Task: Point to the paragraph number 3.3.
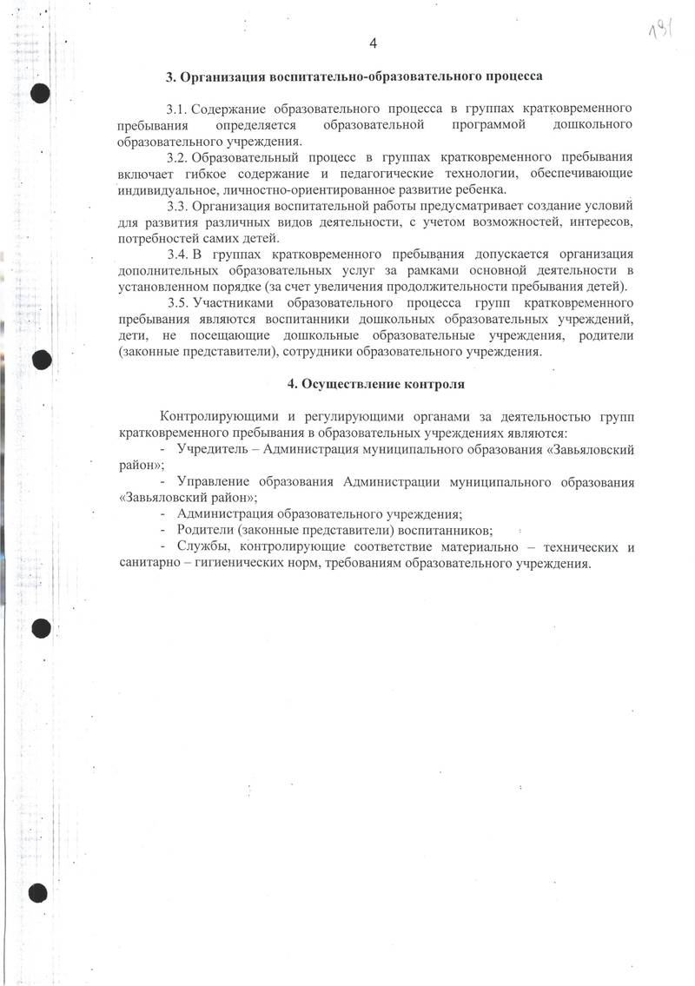[x=176, y=206]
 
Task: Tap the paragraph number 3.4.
[x=176, y=255]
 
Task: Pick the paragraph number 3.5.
[x=176, y=303]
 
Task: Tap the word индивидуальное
[x=167, y=189]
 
